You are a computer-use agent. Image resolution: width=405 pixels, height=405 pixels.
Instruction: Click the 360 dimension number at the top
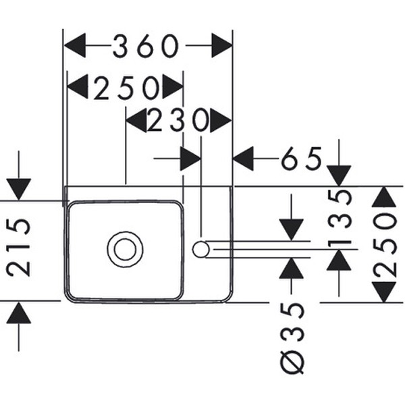[x=146, y=46]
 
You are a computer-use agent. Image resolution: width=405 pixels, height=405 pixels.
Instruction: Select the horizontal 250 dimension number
[x=127, y=88]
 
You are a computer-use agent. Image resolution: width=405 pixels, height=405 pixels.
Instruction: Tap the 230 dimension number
[x=178, y=120]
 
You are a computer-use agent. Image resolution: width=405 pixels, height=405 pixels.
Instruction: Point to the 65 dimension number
[x=302, y=158]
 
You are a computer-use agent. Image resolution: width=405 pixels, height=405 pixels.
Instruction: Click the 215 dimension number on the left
[x=19, y=248]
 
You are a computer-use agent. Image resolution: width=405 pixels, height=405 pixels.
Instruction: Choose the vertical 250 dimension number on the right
[x=385, y=245]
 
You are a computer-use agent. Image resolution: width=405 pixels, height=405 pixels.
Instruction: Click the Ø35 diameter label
[x=292, y=338]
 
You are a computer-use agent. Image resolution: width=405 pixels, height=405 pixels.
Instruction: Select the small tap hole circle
[x=200, y=249]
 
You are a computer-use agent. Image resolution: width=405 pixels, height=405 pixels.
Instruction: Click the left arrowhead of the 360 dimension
[x=75, y=45]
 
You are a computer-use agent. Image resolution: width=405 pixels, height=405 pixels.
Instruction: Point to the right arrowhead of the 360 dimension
[x=222, y=45]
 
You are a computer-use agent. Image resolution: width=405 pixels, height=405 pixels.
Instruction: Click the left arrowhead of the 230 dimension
[x=136, y=120]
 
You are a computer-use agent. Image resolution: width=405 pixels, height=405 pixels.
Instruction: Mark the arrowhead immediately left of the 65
[x=243, y=159]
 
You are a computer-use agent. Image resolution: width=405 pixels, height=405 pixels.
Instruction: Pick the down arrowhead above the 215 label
[x=19, y=189]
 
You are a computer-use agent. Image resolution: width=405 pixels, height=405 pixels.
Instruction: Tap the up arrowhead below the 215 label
[x=19, y=313]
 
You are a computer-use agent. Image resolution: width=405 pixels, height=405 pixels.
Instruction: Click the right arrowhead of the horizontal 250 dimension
[x=173, y=87]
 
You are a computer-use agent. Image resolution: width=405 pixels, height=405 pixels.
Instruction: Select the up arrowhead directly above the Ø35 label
[x=292, y=268]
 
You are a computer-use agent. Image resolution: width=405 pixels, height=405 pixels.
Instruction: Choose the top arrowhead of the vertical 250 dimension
[x=384, y=196]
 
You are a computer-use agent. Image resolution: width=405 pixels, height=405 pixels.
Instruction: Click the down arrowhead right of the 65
[x=339, y=175]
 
